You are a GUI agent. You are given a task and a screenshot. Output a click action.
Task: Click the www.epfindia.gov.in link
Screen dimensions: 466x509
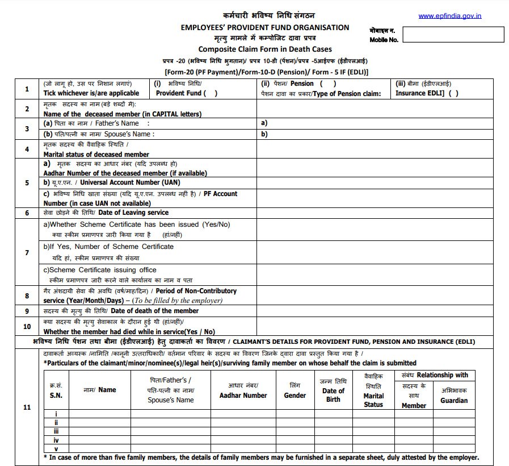[x=449, y=16]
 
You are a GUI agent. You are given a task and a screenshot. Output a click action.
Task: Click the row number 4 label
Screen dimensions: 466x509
[x=27, y=149]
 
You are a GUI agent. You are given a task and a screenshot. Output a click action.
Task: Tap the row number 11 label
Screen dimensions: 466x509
[x=27, y=407]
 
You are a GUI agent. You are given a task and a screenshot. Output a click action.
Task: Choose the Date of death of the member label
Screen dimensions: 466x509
[x=154, y=311]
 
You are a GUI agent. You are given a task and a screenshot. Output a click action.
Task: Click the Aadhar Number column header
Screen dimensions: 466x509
[x=247, y=396]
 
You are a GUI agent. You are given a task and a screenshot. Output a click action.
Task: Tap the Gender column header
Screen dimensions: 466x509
[x=295, y=396]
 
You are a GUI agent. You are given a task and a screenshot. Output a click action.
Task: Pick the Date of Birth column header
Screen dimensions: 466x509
[x=333, y=395]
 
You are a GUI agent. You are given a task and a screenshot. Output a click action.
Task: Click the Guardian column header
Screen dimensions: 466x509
[x=454, y=400]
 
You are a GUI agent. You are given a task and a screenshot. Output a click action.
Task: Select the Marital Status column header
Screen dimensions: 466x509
[x=373, y=400]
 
